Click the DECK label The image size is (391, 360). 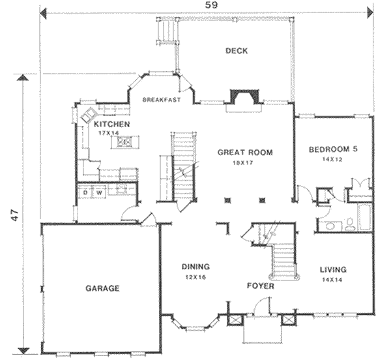[x=237, y=51]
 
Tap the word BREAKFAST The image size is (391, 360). [x=162, y=100]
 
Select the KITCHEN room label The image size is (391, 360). [x=111, y=124]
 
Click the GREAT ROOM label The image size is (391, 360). [x=245, y=152]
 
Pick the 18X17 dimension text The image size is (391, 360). [x=243, y=163]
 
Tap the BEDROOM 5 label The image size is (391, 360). [x=333, y=149]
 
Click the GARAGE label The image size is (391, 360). [x=102, y=288]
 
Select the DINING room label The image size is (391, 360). [x=195, y=267]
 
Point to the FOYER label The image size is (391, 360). [x=260, y=286]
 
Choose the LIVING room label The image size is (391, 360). [x=333, y=269]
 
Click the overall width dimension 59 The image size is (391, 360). [x=211, y=5]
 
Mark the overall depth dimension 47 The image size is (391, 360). [x=15, y=215]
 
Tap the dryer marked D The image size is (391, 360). [x=85, y=192]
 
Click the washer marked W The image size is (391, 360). [x=99, y=192]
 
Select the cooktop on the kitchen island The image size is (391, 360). [x=124, y=142]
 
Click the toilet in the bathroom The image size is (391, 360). [x=350, y=224]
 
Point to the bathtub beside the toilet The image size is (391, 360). [x=365, y=217]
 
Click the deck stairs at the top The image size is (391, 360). [x=167, y=31]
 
